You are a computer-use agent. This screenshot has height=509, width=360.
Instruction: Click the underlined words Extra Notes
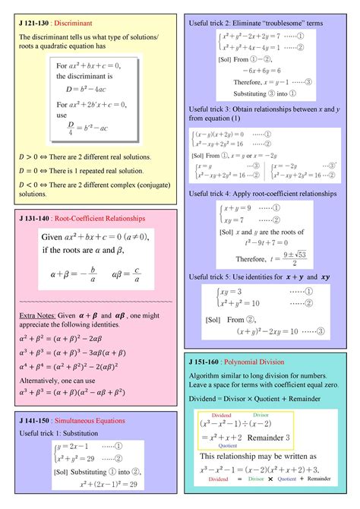36,315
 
